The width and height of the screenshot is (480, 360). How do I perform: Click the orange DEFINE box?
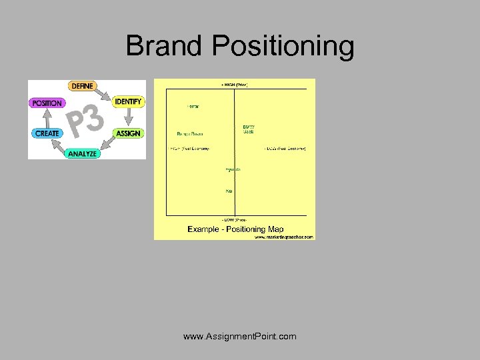coord(81,86)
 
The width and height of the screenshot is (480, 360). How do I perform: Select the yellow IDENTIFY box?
coord(128,101)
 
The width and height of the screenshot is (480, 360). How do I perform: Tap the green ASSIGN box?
coord(128,133)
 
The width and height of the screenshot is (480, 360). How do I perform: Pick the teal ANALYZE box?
coord(82,153)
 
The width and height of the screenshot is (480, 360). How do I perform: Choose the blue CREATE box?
coord(47,133)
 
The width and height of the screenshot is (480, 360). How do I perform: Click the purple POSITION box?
coord(47,103)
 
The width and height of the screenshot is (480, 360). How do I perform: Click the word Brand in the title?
coord(164,46)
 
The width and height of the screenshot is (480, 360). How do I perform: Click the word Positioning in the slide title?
coord(283,46)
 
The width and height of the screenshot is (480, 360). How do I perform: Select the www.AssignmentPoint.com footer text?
coord(240,336)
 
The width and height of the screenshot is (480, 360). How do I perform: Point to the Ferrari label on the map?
coord(193,107)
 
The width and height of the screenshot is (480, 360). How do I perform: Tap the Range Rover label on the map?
coord(190,133)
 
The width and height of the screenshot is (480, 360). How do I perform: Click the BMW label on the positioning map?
coord(248,127)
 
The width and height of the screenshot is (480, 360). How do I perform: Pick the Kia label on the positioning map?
coord(229,191)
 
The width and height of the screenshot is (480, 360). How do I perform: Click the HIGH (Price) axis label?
coord(235,85)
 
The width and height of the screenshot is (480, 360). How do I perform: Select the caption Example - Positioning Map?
coord(235,229)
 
